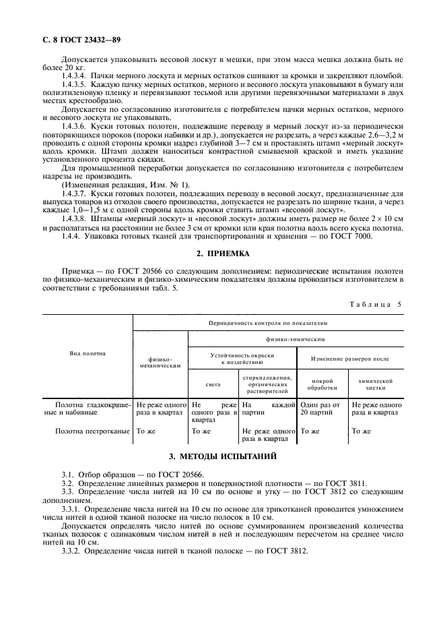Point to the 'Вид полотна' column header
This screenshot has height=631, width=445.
coord(88,353)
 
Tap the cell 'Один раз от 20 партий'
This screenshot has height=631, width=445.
coord(322,409)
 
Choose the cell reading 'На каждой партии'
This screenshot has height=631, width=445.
coord(268,409)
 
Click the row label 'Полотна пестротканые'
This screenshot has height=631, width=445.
coord(93,430)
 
